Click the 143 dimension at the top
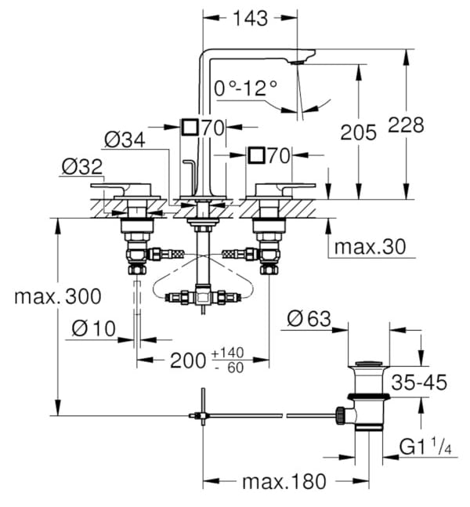250,19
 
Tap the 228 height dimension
406,125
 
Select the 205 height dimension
359,132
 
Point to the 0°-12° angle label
246,88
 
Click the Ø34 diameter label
125,140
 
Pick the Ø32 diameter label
82,167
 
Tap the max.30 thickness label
370,247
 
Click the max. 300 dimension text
58,296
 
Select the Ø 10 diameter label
93,328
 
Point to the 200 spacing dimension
188,360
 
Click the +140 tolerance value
228,353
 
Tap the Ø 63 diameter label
309,319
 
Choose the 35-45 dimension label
419,382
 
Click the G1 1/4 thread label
425,447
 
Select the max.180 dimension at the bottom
284,482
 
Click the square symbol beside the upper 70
190,127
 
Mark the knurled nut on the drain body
340,415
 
